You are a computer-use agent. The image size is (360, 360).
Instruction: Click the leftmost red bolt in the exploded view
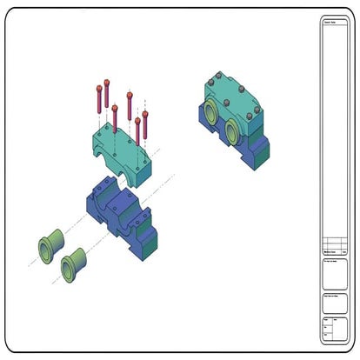97,100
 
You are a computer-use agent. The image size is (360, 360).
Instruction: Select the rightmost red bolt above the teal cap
149,124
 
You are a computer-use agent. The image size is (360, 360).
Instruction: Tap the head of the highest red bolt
107,83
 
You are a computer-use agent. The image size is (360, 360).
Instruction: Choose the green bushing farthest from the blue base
49,244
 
